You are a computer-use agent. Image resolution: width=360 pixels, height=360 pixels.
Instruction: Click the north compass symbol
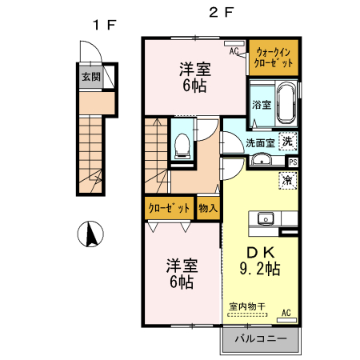click(90, 234)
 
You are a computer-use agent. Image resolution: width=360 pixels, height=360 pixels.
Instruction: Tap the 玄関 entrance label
click(91, 77)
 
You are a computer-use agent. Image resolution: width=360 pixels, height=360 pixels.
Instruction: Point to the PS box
click(293, 162)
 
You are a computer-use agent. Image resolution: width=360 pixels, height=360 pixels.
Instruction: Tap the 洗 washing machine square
click(288, 141)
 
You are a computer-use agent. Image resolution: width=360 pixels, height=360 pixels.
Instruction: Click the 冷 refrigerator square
click(288, 181)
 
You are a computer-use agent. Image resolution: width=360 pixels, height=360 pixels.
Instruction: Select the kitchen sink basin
click(266, 219)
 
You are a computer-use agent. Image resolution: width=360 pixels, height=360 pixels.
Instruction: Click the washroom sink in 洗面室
click(262, 159)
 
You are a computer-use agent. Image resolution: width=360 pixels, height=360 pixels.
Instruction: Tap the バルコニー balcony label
click(261, 338)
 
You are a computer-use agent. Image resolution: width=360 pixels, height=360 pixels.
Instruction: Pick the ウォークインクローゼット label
click(274, 58)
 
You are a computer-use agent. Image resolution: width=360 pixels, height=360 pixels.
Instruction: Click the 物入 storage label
click(208, 208)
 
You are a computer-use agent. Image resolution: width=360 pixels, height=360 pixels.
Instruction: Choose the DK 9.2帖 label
click(260, 261)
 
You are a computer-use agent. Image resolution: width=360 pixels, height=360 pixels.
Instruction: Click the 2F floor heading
click(222, 12)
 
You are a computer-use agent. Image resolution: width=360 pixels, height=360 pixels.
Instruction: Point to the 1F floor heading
click(104, 26)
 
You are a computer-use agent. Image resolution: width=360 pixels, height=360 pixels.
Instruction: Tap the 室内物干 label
click(247, 306)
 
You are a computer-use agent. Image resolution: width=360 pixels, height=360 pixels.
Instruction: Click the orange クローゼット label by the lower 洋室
click(169, 208)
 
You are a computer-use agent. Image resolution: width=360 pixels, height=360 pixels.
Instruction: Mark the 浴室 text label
click(262, 105)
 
